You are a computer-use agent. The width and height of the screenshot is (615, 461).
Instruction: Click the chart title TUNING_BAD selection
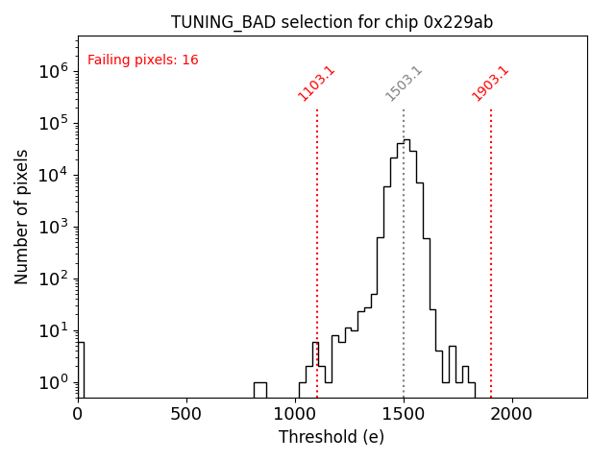tap(332, 22)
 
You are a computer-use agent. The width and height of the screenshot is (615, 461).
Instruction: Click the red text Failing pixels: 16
tap(142, 61)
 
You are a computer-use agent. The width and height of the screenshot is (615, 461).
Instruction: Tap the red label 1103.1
tap(316, 84)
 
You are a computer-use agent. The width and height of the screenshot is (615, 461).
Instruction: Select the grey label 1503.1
tap(404, 84)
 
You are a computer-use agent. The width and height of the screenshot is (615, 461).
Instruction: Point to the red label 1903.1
tap(490, 84)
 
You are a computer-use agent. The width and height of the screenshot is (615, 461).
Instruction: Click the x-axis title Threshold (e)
tap(332, 437)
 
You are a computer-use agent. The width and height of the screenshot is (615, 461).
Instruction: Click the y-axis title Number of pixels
tap(22, 216)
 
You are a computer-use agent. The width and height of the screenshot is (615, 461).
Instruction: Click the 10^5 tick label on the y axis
tap(52, 122)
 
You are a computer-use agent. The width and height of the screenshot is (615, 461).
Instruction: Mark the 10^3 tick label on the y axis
tap(52, 227)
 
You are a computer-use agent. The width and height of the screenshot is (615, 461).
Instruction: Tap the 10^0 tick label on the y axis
tap(52, 382)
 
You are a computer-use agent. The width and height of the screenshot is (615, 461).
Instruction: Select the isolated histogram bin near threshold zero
tap(81, 370)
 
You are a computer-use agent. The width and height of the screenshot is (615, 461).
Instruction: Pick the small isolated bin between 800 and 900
tap(259, 389)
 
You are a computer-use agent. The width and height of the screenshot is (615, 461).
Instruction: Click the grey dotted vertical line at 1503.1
tap(404, 269)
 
